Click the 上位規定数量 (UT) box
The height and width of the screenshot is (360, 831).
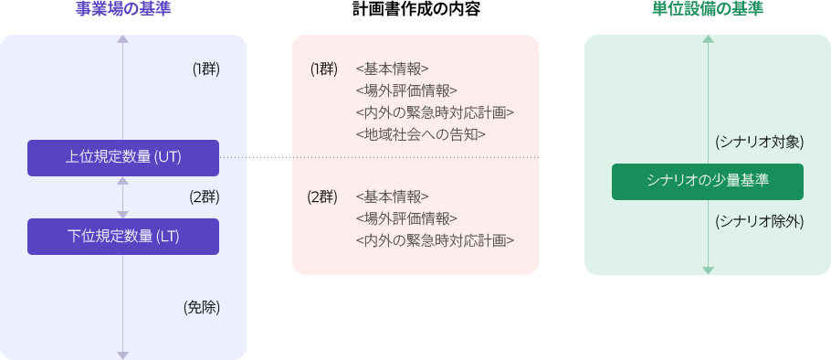(x=123, y=157)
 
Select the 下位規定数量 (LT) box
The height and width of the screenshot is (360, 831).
(x=123, y=236)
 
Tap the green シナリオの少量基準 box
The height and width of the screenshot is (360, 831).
(x=708, y=181)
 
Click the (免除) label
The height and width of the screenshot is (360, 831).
(x=202, y=307)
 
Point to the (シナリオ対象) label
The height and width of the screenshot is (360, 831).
(x=759, y=142)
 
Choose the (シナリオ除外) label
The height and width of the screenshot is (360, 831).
(x=759, y=220)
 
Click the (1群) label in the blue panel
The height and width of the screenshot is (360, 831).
(x=205, y=69)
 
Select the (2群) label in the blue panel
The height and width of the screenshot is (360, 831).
(x=205, y=196)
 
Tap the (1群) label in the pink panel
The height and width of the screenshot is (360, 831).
(x=323, y=69)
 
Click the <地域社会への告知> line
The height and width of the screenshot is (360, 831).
(x=420, y=134)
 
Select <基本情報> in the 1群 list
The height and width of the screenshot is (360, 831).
(x=392, y=69)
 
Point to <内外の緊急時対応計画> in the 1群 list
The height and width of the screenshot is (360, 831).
(x=435, y=112)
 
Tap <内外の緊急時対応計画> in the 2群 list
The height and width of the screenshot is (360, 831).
(x=435, y=240)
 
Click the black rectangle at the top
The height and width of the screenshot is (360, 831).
(x=415, y=7)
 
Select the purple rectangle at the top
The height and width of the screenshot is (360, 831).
(x=123, y=7)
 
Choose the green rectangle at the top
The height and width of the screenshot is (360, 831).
(x=708, y=7)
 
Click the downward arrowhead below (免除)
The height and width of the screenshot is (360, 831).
(x=123, y=355)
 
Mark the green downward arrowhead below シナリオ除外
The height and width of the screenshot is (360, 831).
(x=708, y=270)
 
